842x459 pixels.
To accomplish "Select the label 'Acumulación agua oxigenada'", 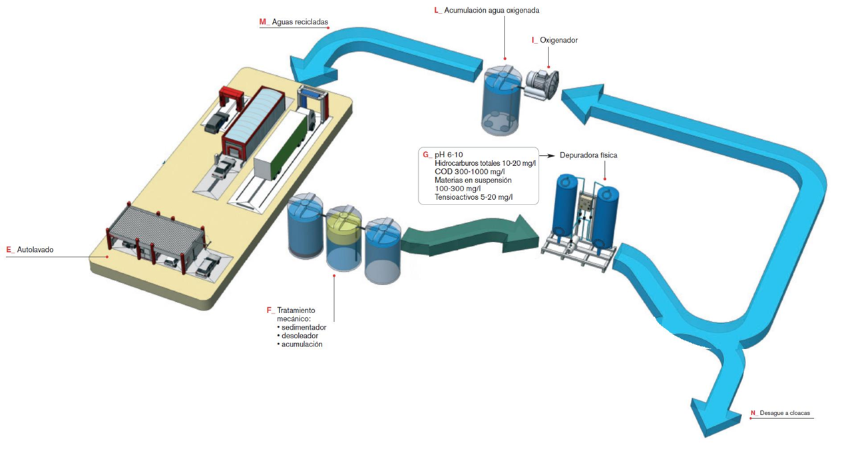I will point(495,11).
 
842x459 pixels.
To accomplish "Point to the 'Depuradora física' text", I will point(589,155).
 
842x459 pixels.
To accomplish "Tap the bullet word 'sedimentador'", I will point(303,327).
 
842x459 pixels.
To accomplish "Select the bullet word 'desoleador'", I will point(300,336).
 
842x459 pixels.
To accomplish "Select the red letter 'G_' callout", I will point(427,155).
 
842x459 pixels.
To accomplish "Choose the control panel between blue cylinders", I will point(586,207).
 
